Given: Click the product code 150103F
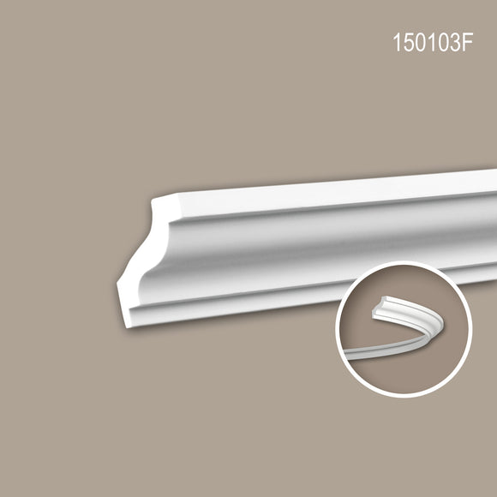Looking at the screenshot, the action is pyautogui.click(x=433, y=42).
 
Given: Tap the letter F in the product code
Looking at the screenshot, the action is pyautogui.click(x=467, y=42).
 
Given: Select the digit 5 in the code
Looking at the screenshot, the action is pyautogui.click(x=410, y=42).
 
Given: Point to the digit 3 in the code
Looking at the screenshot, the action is pyautogui.click(x=454, y=42).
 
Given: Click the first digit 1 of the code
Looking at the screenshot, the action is pyautogui.click(x=397, y=42).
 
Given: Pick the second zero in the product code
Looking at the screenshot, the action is pyautogui.click(x=441, y=42).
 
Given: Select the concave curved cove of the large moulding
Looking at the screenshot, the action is pyautogui.click(x=317, y=250).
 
